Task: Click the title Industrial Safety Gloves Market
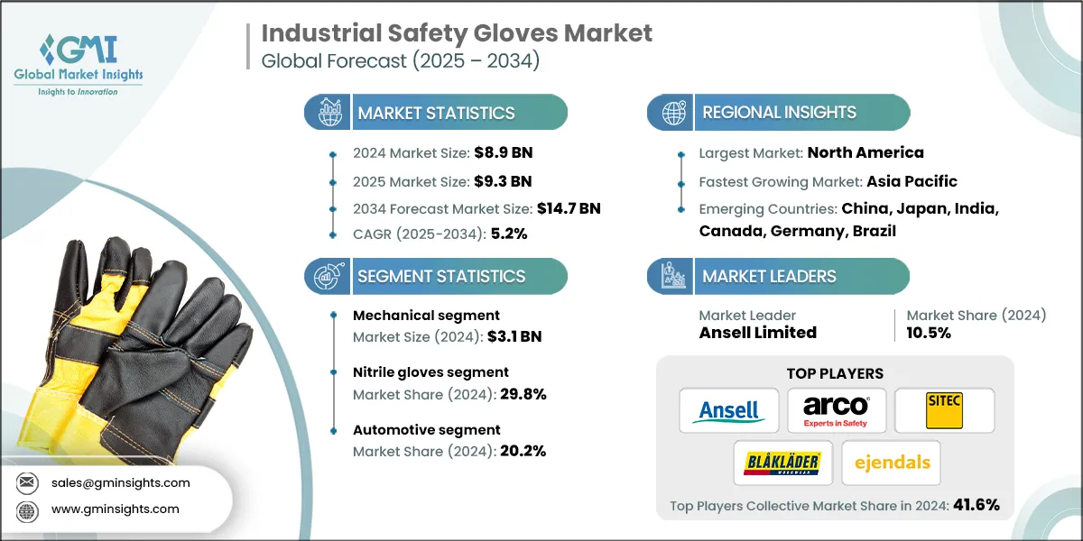pos(457,33)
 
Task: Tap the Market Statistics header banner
pos(436,113)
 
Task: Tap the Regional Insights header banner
pos(778,113)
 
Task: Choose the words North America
pos(865,152)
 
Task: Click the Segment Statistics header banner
pos(440,276)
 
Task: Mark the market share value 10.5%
pos(929,333)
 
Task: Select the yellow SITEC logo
pos(944,411)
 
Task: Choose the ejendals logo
pos(890,463)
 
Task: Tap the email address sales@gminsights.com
pos(119,482)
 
